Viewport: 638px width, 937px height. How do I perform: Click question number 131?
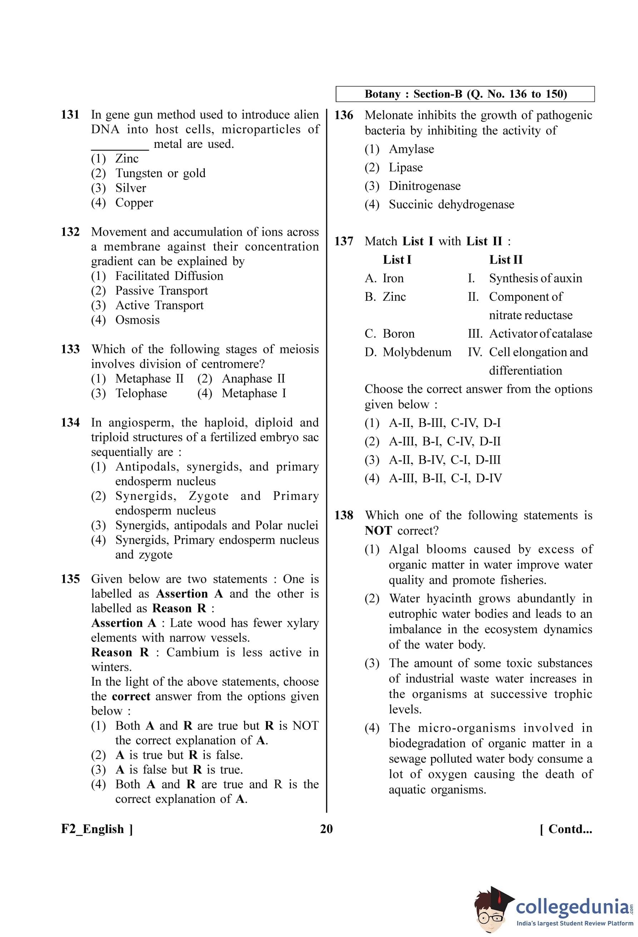click(70, 115)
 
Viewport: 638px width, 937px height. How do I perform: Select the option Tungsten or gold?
click(160, 173)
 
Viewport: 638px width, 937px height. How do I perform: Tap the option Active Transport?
click(159, 305)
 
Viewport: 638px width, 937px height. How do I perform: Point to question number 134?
click(70, 423)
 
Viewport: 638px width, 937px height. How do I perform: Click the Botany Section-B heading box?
click(465, 94)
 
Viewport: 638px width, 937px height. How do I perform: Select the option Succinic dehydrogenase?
click(451, 204)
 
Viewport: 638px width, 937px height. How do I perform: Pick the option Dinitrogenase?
click(424, 186)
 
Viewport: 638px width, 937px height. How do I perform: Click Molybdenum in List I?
click(417, 352)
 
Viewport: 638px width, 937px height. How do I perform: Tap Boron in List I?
click(398, 333)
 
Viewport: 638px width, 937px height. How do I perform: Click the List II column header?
click(505, 260)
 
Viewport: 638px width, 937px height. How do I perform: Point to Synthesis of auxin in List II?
click(535, 278)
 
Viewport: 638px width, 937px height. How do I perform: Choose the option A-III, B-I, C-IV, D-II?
click(444, 441)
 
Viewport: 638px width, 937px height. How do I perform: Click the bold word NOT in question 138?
click(378, 530)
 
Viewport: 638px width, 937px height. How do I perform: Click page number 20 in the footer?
click(326, 829)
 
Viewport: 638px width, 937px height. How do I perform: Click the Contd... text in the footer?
click(566, 829)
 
